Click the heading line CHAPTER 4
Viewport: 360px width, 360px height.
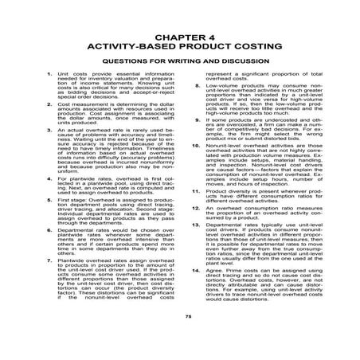[x=180, y=38]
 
